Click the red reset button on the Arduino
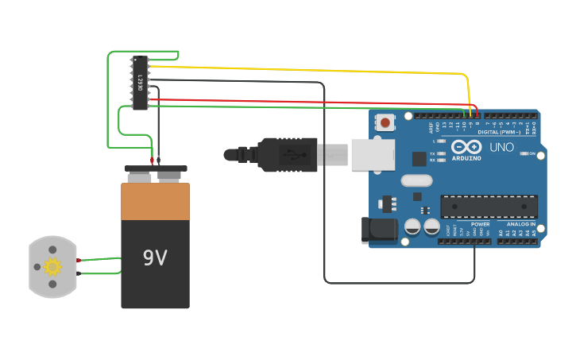(385, 122)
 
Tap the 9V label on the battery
(155, 258)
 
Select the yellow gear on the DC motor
(52, 267)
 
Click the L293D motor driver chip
(140, 83)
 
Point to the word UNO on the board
(502, 148)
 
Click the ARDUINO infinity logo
(466, 147)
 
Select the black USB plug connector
(286, 154)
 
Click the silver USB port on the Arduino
(373, 154)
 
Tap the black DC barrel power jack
(379, 230)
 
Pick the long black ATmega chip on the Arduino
(489, 207)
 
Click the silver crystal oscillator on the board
(416, 180)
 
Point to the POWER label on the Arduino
(481, 224)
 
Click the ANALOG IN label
(520, 224)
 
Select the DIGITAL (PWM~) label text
(499, 132)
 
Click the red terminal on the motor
(79, 260)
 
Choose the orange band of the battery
(155, 202)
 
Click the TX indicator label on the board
(432, 153)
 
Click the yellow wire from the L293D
(318, 70)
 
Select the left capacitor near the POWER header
(412, 226)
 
